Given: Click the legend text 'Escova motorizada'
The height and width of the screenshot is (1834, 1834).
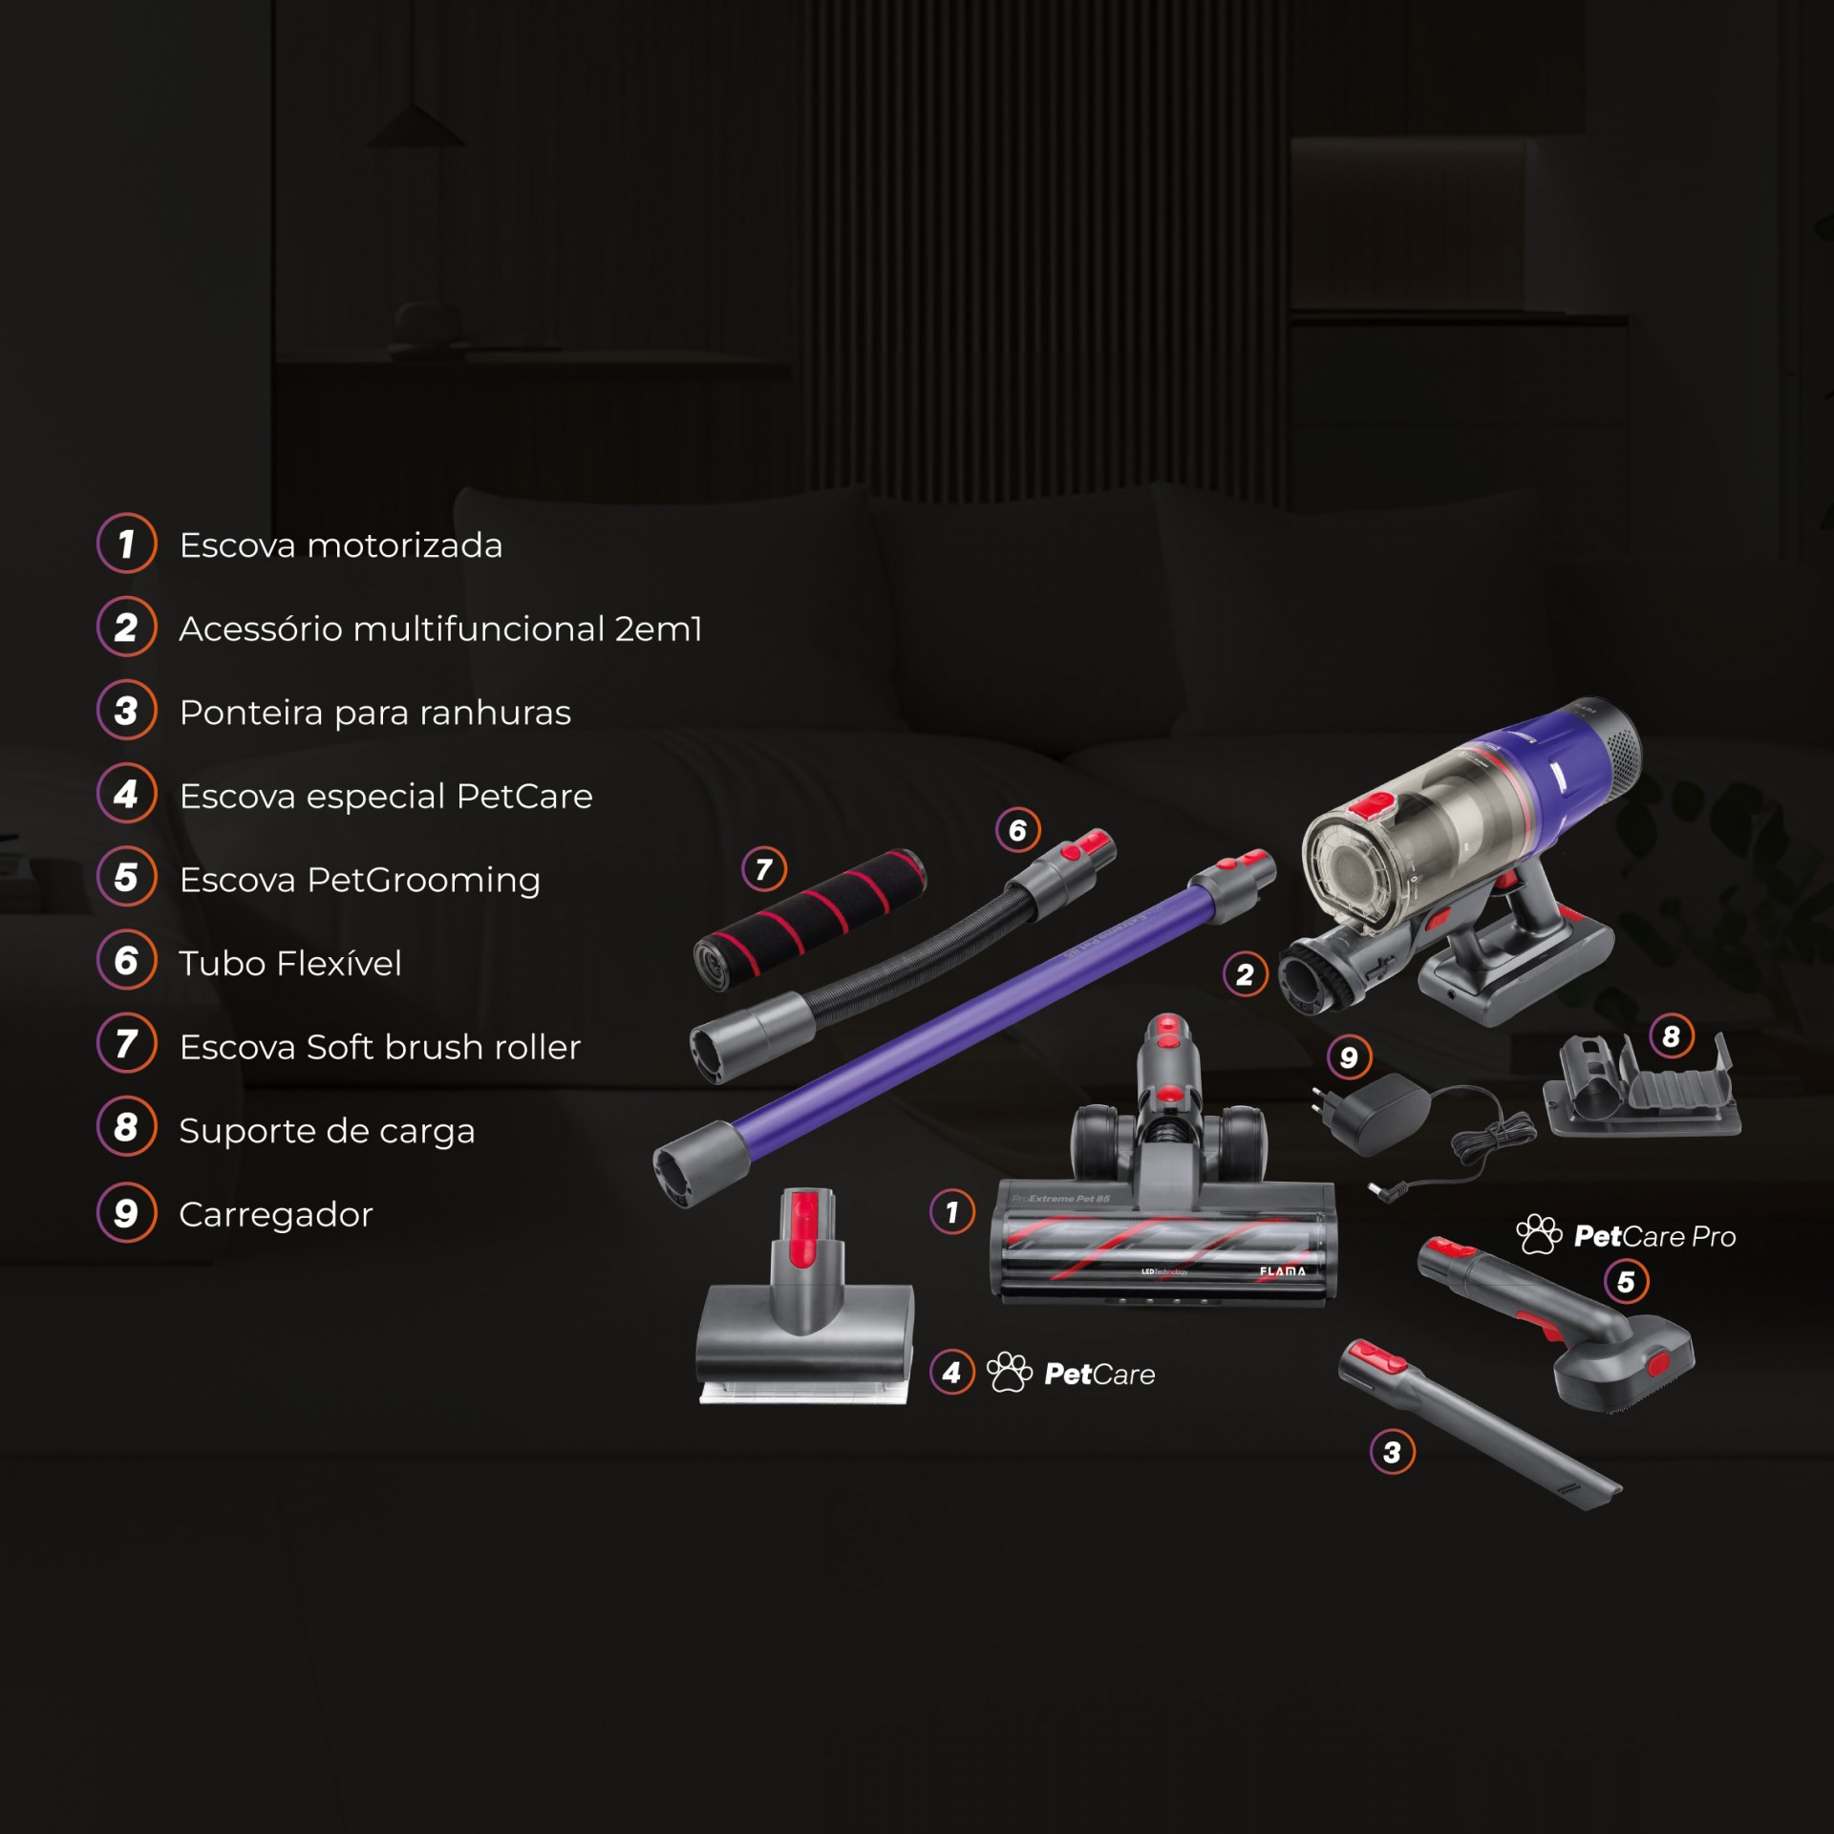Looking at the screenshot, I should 340,545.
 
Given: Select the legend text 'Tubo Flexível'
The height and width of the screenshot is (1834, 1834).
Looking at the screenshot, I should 289,963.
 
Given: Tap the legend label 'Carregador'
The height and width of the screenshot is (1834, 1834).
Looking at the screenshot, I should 275,1214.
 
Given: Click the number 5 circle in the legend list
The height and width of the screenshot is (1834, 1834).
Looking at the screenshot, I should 126,878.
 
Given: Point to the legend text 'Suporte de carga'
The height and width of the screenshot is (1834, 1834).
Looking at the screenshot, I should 327,1131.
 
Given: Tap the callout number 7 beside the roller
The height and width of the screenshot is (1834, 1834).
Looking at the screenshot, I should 764,869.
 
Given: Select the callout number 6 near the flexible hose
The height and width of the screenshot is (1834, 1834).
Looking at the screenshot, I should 1017,830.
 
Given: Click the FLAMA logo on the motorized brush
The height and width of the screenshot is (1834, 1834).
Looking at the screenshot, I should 1282,1271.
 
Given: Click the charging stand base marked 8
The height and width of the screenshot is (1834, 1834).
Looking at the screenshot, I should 1641,1089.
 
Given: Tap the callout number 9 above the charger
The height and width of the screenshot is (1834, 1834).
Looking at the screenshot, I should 1349,1057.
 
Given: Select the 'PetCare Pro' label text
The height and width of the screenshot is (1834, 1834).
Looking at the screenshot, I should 1653,1236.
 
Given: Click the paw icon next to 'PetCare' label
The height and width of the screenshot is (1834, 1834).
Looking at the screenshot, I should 1009,1373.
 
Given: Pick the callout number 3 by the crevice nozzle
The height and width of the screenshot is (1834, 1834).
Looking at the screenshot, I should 1392,1452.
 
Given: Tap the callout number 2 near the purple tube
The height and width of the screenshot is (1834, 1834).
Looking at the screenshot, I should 1245,974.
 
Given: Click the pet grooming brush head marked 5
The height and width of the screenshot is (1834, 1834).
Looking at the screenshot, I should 1624,1366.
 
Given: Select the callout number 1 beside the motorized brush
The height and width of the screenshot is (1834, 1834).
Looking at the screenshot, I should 951,1212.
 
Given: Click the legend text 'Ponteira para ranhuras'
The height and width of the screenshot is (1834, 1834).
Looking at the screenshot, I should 374,713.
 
